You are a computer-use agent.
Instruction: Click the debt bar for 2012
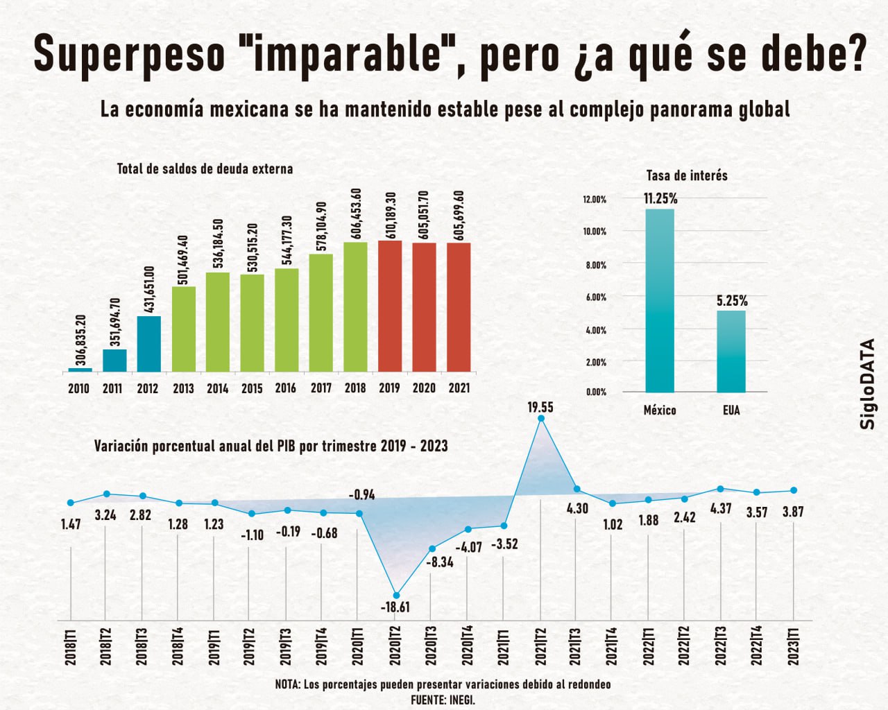pos(149,344)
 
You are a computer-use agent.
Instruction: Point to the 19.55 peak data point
pos(541,418)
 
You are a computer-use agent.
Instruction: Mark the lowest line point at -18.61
pos(396,595)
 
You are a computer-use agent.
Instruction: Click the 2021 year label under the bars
pos(459,388)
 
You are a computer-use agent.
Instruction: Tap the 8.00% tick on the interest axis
pos(595,265)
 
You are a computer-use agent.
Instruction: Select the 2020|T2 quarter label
pos(396,646)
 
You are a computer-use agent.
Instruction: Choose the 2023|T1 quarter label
pos(794,646)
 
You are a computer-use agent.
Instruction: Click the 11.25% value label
pos(660,199)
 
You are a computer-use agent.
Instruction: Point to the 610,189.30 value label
pos(391,214)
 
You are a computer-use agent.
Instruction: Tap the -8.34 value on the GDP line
pos(439,562)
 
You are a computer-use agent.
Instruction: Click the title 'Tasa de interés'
pos(687,175)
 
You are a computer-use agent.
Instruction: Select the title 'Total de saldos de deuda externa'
pos(205,168)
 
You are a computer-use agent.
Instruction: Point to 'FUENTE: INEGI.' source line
pos(443,700)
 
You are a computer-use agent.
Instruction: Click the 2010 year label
pos(78,388)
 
